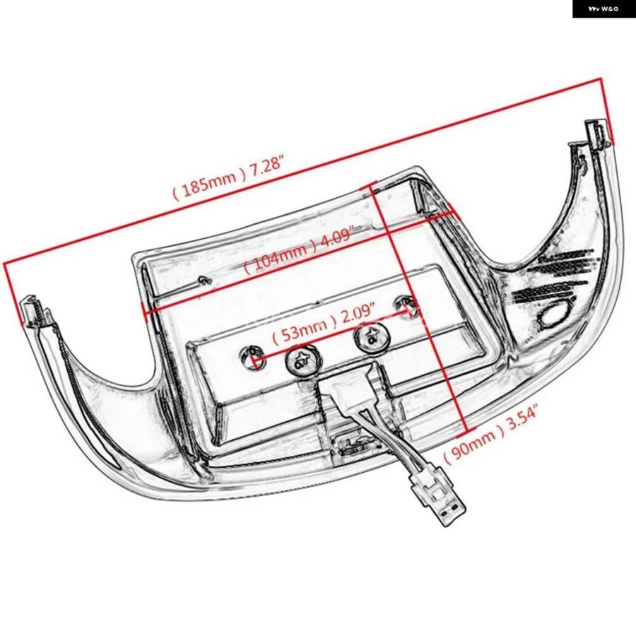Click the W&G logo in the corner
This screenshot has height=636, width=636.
(603, 8)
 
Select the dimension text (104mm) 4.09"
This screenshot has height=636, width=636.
(300, 249)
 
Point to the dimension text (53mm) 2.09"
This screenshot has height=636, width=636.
(322, 324)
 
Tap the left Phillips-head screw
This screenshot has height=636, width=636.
(302, 360)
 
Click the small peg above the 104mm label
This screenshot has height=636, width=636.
(204, 279)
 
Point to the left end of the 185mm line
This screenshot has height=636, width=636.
(4, 264)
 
